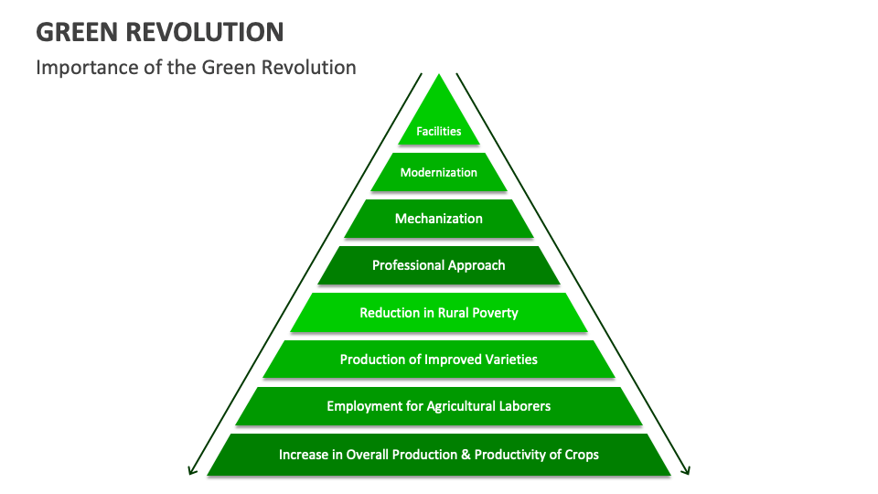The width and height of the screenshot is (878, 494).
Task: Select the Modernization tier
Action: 439,172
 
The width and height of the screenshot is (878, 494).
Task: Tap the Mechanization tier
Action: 439,219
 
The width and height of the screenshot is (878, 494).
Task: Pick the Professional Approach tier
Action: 439,265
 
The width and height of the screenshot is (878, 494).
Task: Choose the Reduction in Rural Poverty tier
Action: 439,313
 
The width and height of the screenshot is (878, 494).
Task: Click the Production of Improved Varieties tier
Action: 439,360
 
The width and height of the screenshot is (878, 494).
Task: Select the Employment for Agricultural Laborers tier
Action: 439,406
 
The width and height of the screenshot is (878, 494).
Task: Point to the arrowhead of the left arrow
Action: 192,470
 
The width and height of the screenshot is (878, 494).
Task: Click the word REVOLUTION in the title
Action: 209,33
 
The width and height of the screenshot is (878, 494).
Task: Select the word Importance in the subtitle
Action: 80,68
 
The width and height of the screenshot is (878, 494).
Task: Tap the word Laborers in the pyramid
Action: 524,406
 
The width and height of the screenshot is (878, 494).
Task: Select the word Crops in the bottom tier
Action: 581,454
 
